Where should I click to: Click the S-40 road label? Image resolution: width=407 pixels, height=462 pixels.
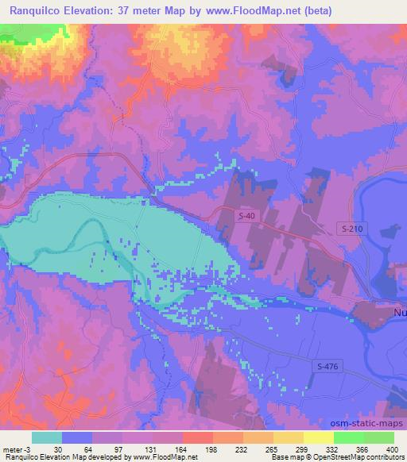coord(249,216)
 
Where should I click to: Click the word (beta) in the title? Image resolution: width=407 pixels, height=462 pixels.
coord(316,11)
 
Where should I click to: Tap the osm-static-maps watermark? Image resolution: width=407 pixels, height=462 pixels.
coord(362,424)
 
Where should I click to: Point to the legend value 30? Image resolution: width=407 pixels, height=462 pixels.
coord(58,449)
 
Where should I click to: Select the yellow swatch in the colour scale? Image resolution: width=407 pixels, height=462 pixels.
coord(318,437)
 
